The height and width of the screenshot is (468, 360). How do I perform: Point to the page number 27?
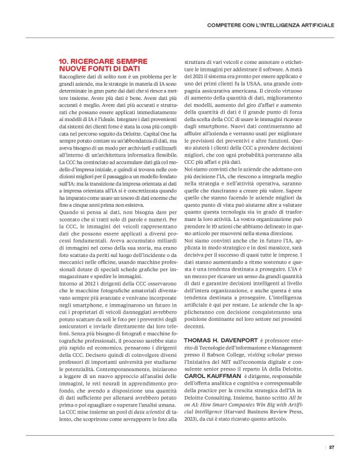coord(332,446)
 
